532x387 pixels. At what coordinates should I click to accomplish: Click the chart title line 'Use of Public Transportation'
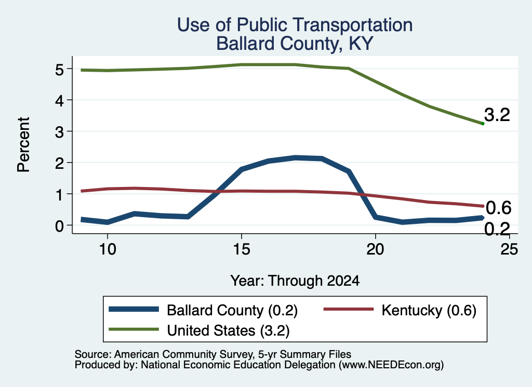click(x=295, y=25)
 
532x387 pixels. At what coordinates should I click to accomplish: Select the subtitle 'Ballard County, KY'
click(x=295, y=44)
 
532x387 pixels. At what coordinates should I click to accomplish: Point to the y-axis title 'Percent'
click(x=23, y=144)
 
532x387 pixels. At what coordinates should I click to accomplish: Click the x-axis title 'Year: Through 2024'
click(x=295, y=281)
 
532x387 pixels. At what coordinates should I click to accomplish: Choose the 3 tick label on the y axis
click(x=59, y=131)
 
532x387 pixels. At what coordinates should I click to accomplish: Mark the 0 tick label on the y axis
click(x=59, y=225)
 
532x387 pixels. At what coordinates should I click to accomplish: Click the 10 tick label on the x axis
click(x=108, y=249)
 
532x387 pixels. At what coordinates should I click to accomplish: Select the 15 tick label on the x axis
click(x=242, y=249)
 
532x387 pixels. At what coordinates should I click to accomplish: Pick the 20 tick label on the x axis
click(x=375, y=249)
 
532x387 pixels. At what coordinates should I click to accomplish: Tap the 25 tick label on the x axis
click(x=509, y=249)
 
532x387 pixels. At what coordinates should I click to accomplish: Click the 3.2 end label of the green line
click(x=497, y=115)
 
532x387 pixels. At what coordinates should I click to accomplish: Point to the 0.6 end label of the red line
click(x=498, y=208)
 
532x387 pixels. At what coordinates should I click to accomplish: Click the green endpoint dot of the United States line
click(x=483, y=124)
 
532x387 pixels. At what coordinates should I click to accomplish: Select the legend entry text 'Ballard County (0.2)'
click(x=232, y=310)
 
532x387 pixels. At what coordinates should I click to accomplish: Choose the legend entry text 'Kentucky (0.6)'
click(x=429, y=310)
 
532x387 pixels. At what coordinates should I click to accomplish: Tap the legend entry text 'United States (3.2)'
click(x=229, y=330)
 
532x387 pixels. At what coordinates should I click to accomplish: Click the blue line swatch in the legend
click(x=134, y=309)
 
